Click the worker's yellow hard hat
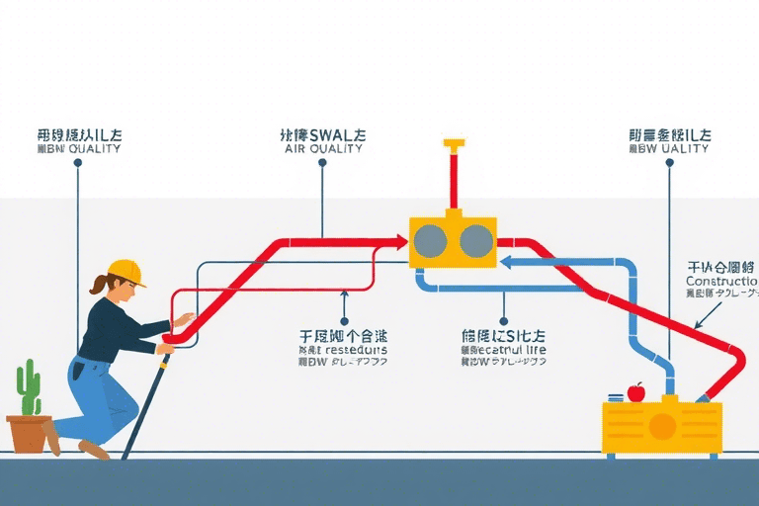click(x=126, y=271)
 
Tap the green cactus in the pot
click(x=29, y=387)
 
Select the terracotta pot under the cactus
click(x=30, y=432)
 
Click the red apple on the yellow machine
click(x=635, y=392)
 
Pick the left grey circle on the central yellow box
click(x=431, y=241)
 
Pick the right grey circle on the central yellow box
click(x=475, y=241)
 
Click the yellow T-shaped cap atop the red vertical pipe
click(x=455, y=144)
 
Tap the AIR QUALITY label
click(x=323, y=149)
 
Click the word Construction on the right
click(x=720, y=282)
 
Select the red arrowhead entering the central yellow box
click(x=400, y=240)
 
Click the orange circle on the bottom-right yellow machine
click(x=662, y=425)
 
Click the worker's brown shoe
click(x=94, y=450)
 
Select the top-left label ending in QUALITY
click(x=78, y=149)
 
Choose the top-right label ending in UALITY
click(x=669, y=149)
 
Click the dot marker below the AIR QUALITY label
click(x=323, y=165)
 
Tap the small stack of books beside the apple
click(x=615, y=397)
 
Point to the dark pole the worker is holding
click(x=143, y=405)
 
